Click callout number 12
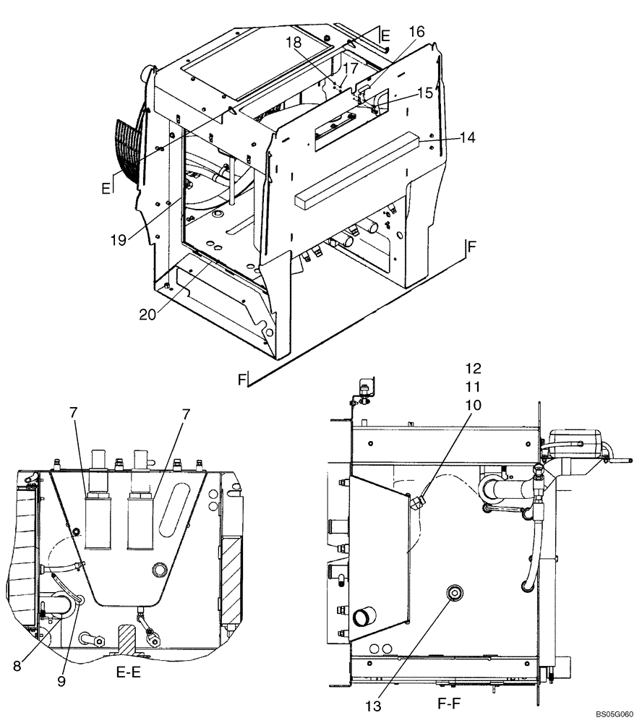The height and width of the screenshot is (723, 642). [x=474, y=367]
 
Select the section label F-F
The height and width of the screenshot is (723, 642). [x=450, y=701]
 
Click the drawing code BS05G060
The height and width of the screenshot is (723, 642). [x=614, y=714]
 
